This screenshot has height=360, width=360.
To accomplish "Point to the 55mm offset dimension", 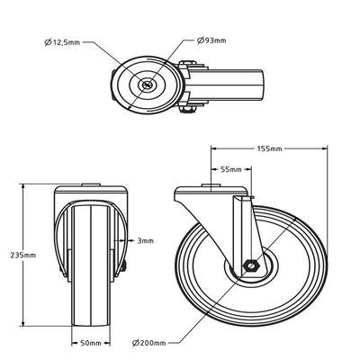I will coord(229,168).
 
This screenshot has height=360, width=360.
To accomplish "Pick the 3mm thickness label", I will coord(145,240).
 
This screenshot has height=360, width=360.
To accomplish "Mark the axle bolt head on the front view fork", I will coord(124,266).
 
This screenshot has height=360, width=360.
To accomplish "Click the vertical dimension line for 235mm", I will coord(21,225).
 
